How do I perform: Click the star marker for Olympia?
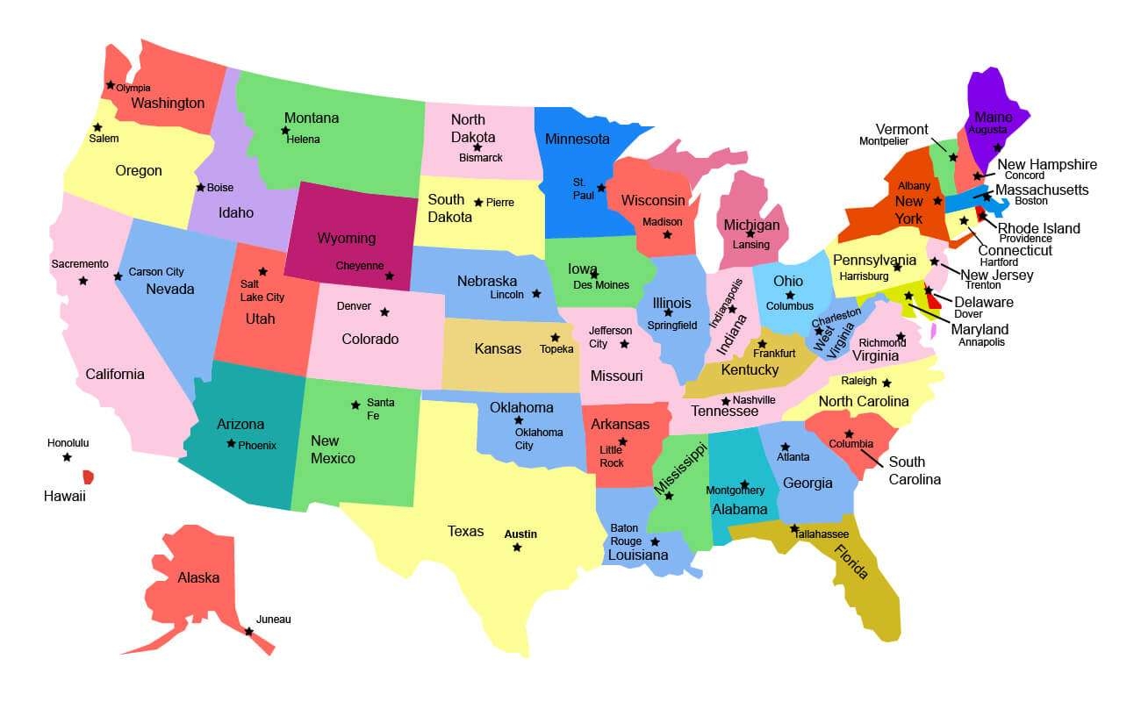point(111,85)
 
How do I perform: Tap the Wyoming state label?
point(346,238)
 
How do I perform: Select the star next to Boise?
point(200,187)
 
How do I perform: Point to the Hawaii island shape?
point(88,476)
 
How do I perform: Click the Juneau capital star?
point(249,631)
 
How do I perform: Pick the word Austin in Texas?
point(520,534)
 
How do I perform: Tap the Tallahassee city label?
point(823,534)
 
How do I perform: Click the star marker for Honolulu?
point(67,457)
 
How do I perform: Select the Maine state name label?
point(993,118)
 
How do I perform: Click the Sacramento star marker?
point(83,281)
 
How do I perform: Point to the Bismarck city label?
point(481,158)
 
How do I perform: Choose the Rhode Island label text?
point(1039,228)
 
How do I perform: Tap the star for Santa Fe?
point(355,405)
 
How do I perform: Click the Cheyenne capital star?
point(390,276)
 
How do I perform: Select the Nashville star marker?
point(726,401)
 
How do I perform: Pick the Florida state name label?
point(851,562)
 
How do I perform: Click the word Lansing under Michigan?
point(751,245)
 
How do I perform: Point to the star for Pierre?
point(478,202)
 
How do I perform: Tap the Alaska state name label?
point(198,577)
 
